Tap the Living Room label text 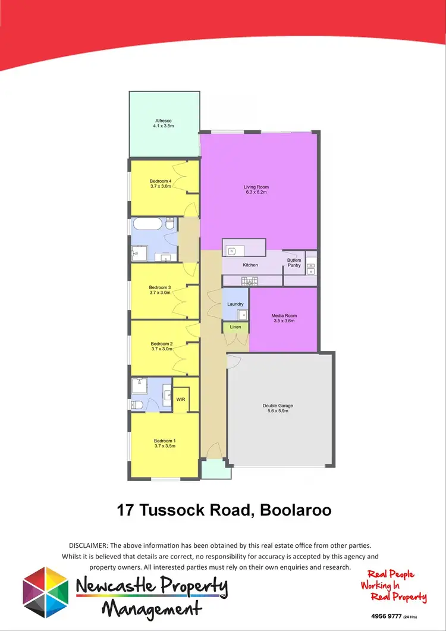point(256,187)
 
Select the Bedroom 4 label point(160,181)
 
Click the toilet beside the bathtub point(169,225)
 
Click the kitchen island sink point(233,250)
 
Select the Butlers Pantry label point(294,263)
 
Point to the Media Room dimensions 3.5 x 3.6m point(284,321)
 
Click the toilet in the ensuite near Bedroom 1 point(137,404)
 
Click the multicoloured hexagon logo point(45,592)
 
